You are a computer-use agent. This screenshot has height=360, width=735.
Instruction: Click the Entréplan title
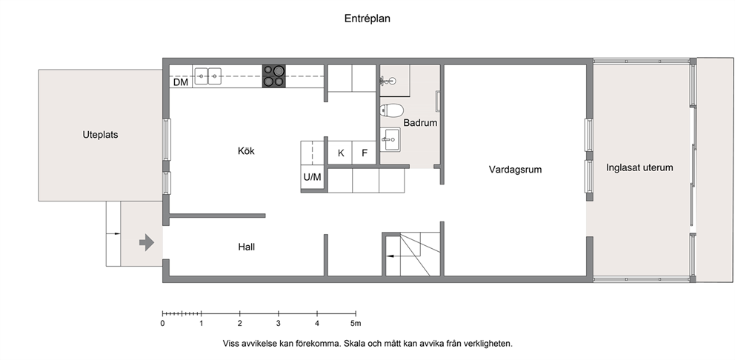pos(367,19)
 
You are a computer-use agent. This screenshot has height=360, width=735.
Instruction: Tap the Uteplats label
pos(100,135)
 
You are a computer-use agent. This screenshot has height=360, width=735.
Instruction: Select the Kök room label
pos(246,151)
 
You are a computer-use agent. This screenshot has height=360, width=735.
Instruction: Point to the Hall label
pos(247,247)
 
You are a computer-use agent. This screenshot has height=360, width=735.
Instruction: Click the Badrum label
pos(420,123)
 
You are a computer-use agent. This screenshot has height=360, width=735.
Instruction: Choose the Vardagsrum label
pos(515,170)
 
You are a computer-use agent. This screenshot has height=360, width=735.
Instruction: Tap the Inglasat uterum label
pos(639,167)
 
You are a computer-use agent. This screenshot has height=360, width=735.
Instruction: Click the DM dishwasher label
pos(181,82)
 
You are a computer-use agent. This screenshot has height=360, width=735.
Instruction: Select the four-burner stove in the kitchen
pos(273,76)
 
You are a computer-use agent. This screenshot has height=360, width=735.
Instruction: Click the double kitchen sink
pos(208,76)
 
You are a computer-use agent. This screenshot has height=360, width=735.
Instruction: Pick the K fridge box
pos(341,153)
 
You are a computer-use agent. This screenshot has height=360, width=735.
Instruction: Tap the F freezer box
pos(365,153)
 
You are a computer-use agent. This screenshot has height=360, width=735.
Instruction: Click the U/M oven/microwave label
pos(312,177)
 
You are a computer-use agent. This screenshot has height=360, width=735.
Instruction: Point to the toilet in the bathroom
pos(392,110)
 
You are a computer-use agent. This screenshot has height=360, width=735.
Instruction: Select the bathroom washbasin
pos(390,139)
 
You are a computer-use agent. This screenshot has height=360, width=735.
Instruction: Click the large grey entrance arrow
pos(147,243)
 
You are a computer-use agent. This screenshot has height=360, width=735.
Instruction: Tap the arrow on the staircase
pos(393,256)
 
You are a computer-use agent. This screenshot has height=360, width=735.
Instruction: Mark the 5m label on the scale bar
pos(356,324)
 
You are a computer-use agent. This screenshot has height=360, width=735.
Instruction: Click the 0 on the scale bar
pos(163,324)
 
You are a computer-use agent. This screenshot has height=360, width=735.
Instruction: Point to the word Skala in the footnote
pos(354,344)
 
